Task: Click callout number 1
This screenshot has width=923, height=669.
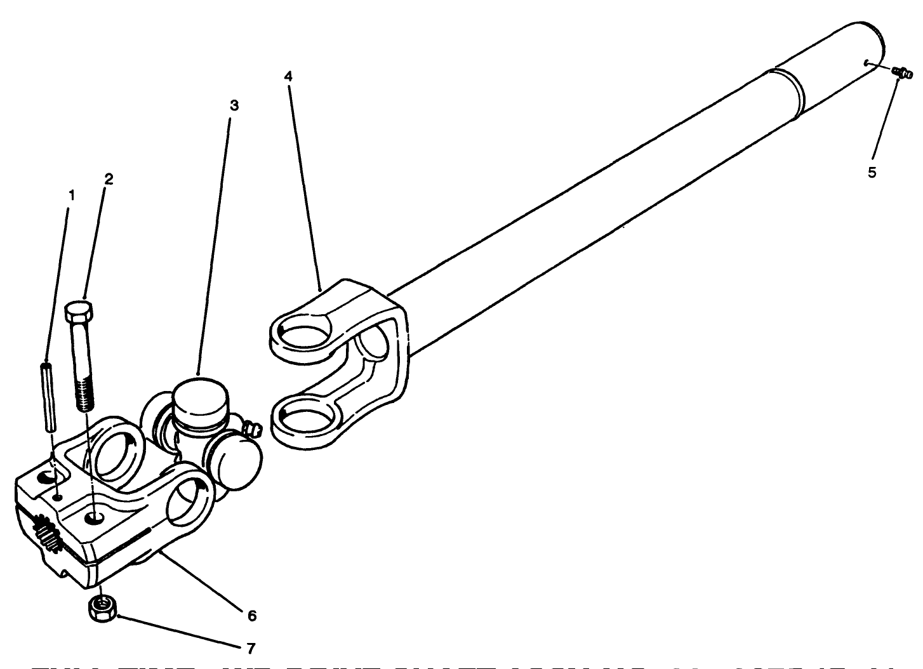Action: pyautogui.click(x=72, y=195)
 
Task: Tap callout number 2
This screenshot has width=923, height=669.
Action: pyautogui.click(x=109, y=179)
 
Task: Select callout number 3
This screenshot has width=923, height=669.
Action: pyautogui.click(x=234, y=105)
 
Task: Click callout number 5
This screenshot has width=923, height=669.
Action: pyautogui.click(x=872, y=172)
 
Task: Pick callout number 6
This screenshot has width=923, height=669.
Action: pyautogui.click(x=251, y=615)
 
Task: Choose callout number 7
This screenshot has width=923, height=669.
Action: pyautogui.click(x=251, y=648)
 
